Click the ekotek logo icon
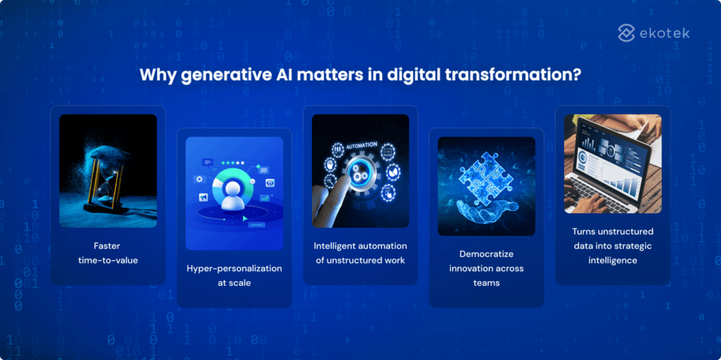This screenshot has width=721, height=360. [626, 32]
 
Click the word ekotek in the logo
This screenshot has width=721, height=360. [666, 32]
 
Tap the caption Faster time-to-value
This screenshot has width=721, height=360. [108, 253]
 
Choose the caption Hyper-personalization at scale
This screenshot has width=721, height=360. [234, 275]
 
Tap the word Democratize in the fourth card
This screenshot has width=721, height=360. [487, 254]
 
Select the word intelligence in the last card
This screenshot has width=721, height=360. [613, 260]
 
